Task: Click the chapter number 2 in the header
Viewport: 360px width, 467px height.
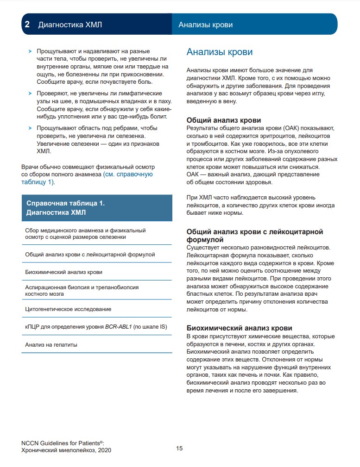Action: point(27,25)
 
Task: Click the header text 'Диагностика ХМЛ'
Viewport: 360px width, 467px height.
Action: point(70,25)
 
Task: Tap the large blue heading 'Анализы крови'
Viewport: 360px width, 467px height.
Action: point(219,52)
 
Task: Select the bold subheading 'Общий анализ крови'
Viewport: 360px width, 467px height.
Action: point(223,120)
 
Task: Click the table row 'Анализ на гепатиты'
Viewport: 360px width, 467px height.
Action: point(51,344)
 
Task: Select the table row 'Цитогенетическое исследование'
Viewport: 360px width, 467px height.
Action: point(68,309)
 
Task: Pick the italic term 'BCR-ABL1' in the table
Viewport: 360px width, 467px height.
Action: point(119,327)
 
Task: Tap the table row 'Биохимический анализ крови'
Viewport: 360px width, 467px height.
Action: point(63,272)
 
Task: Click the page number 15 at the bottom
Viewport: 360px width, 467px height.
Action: point(180,448)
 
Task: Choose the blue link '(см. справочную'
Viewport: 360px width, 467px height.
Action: point(128,174)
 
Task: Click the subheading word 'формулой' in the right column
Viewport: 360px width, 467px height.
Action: point(205,240)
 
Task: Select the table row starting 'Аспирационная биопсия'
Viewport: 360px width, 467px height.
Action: point(82,290)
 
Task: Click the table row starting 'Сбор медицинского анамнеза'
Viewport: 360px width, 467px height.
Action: point(85,233)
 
